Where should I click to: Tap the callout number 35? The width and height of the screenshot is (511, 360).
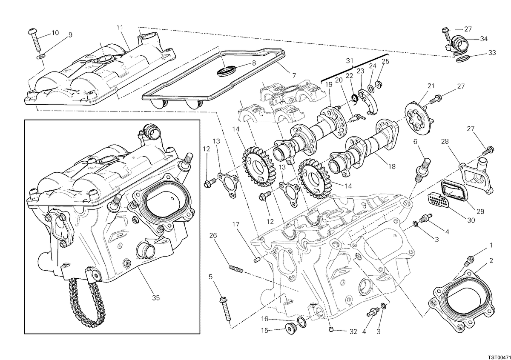pos(156,298)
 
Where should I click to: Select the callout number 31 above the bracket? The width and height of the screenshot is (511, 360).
pos(350,61)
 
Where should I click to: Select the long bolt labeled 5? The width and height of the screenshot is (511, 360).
pos(225,309)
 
